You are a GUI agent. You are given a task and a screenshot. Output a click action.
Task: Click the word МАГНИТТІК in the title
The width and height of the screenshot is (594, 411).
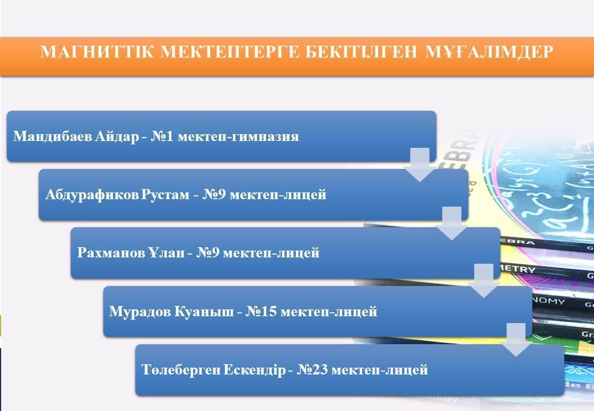pyautogui.click(x=97, y=52)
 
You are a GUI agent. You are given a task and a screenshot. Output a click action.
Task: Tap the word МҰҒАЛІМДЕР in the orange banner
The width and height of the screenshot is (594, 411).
pyautogui.click(x=489, y=52)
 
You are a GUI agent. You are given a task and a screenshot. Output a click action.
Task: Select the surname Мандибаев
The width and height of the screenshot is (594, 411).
pyautogui.click(x=52, y=136)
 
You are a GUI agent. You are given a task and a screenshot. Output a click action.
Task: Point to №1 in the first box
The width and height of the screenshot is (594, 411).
pyautogui.click(x=162, y=136)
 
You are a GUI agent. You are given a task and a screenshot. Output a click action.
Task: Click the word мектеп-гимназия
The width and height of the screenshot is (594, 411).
pyautogui.click(x=238, y=136)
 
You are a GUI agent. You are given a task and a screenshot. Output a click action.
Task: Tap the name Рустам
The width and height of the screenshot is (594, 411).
pyautogui.click(x=165, y=195)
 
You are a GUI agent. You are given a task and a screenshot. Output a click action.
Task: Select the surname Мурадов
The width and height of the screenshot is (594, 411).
pyautogui.click(x=140, y=312)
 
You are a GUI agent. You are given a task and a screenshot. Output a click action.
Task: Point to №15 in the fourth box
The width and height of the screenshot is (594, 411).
pyautogui.click(x=261, y=312)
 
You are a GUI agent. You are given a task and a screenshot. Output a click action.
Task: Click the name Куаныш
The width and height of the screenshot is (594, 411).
pyautogui.click(x=204, y=312)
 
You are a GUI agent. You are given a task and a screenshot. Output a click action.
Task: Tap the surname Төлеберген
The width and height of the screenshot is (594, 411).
pyautogui.click(x=180, y=369)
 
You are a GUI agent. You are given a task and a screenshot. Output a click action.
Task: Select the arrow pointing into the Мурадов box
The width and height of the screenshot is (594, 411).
pyautogui.click(x=484, y=281)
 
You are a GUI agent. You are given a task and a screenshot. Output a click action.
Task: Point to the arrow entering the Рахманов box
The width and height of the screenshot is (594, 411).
pyautogui.click(x=452, y=223)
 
